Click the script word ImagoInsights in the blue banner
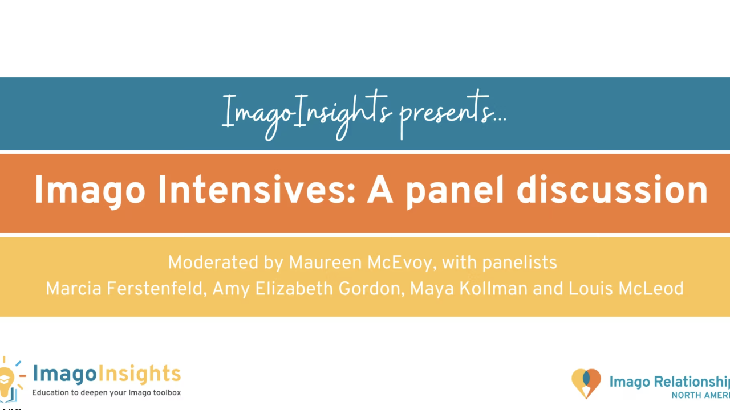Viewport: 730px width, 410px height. (307, 114)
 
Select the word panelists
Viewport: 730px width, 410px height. (520, 263)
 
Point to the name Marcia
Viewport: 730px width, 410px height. (72, 289)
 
